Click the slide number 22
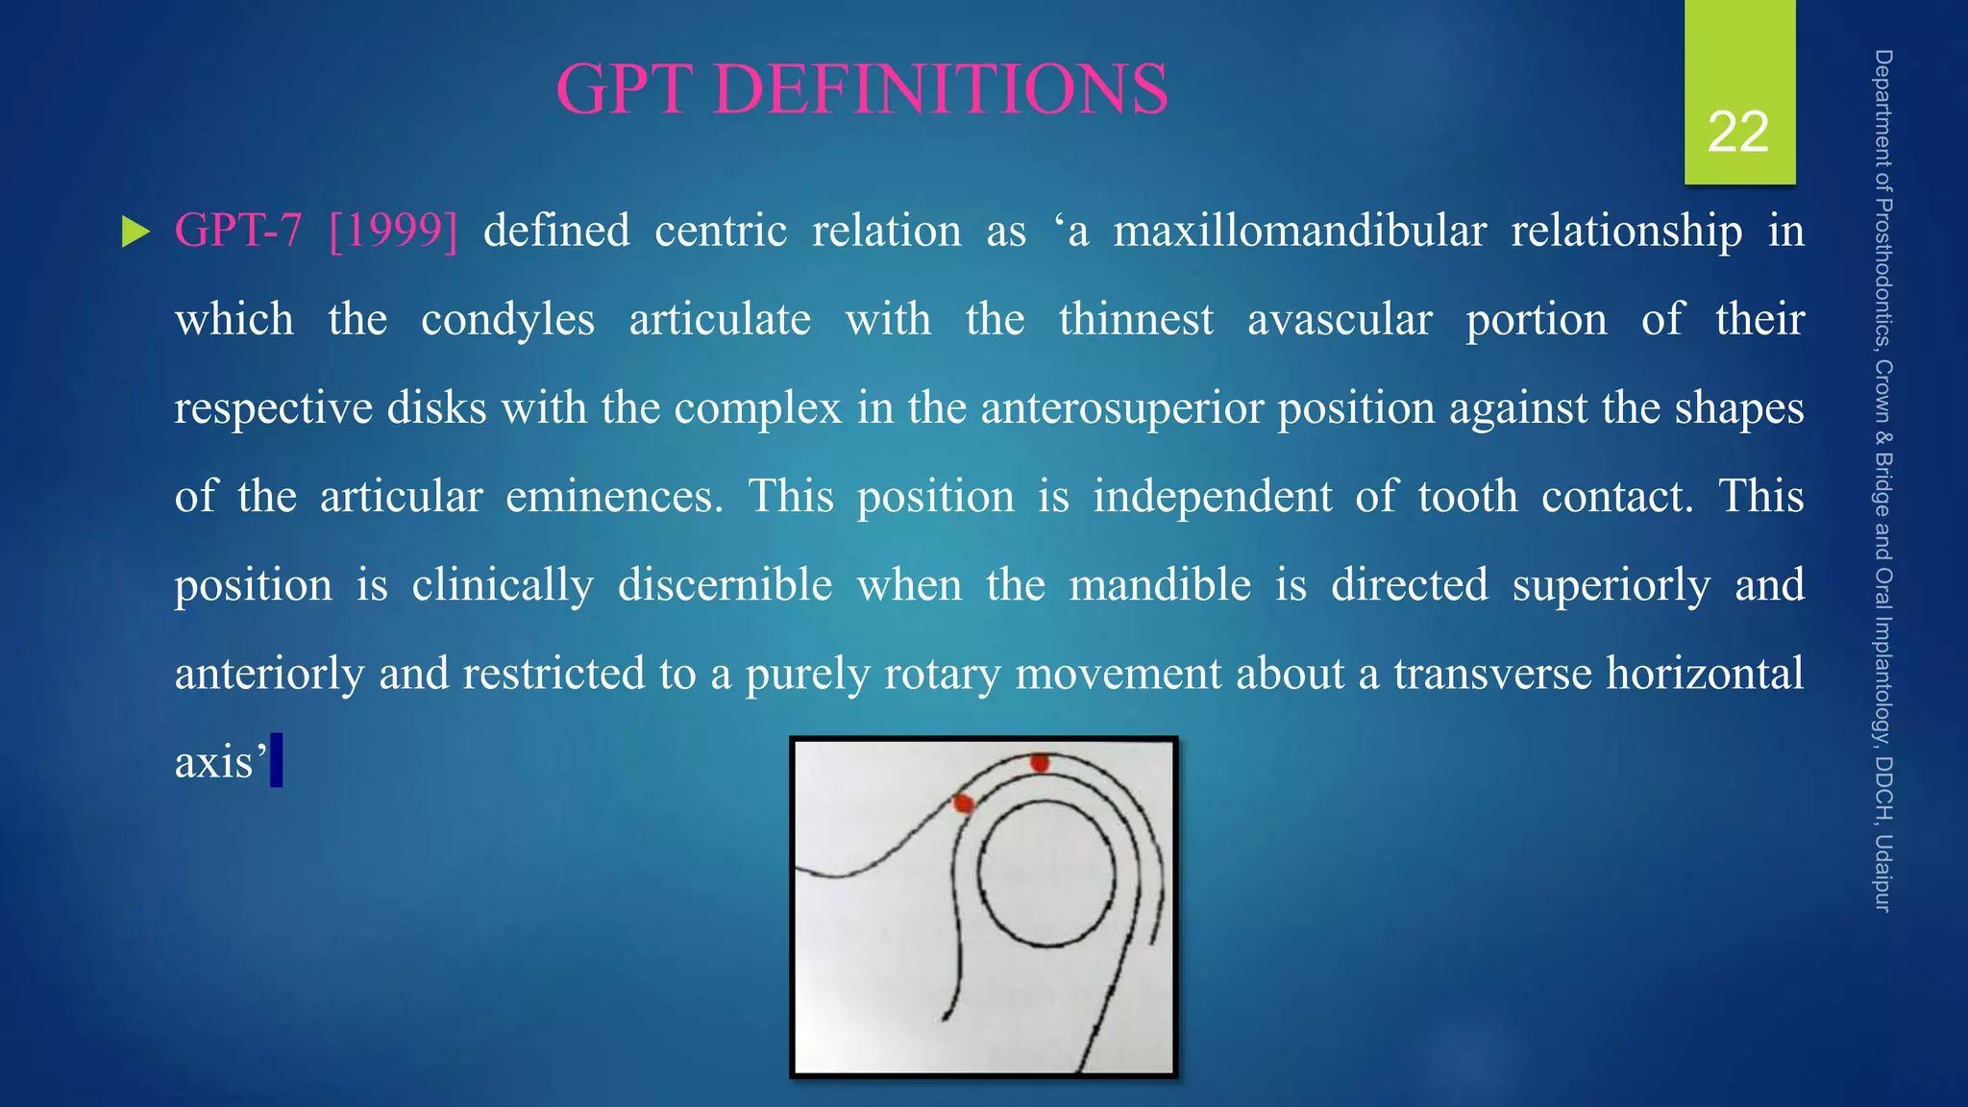1737,132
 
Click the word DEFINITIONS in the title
940,88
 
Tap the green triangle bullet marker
135,232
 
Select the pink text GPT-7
237,231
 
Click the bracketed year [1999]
393,231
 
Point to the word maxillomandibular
1299,231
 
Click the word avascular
1340,319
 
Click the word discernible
725,584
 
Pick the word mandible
1160,584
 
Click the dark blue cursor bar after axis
277,760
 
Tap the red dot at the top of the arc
1040,763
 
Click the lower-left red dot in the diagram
963,803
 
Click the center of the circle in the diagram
1047,875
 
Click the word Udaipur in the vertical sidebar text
1883,873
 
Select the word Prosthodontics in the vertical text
1883,272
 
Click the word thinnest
1136,319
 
